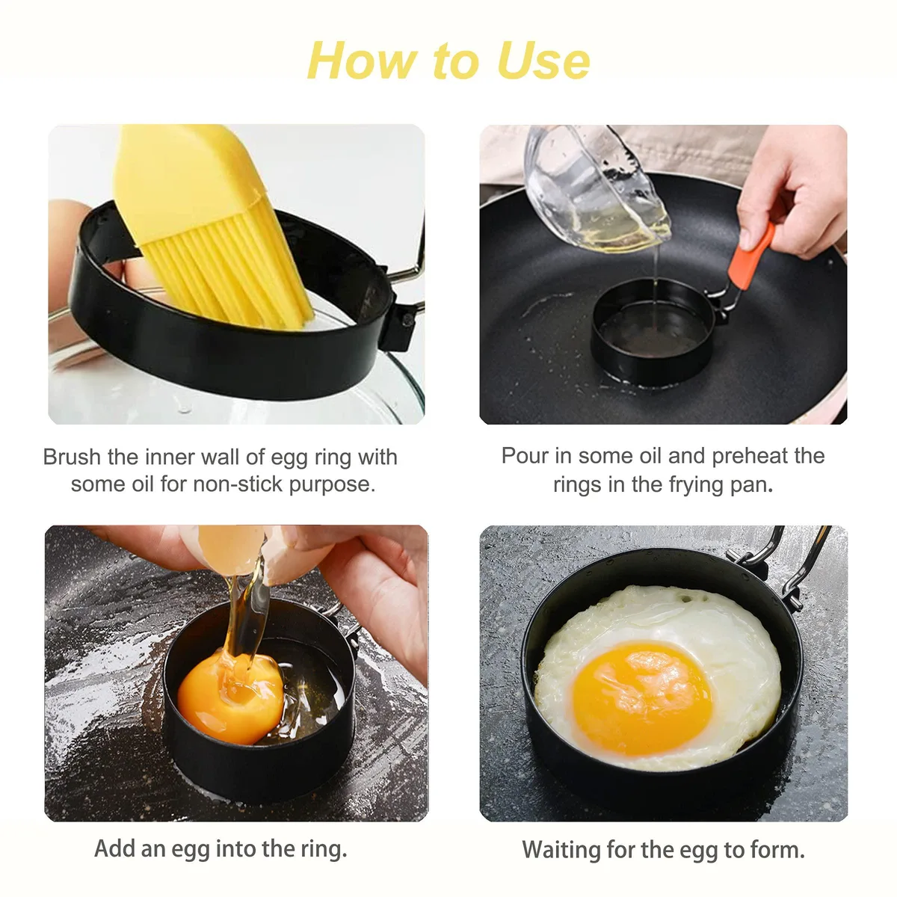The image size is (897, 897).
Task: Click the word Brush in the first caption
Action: (72, 457)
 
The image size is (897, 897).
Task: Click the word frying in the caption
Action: (696, 486)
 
